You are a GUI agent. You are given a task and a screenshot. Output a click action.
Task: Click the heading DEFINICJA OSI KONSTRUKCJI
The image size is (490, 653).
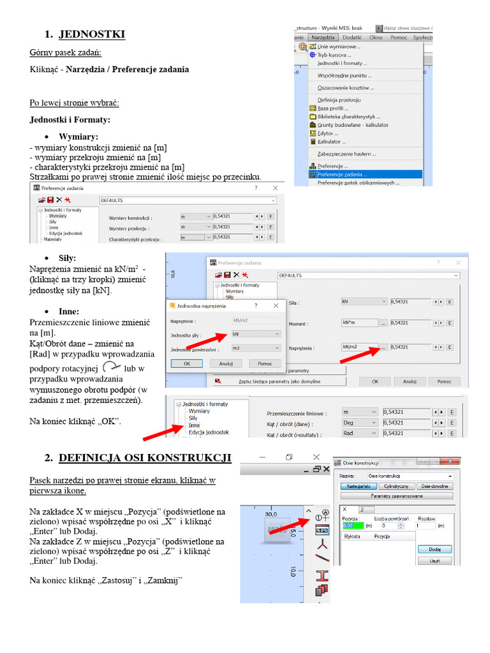pos(145,458)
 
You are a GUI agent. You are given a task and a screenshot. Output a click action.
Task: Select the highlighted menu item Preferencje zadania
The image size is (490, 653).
pos(341,173)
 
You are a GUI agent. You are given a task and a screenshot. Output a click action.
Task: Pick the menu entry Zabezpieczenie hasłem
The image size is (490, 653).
pos(346,154)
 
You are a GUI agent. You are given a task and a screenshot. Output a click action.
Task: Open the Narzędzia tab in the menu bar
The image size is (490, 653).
pos(323,38)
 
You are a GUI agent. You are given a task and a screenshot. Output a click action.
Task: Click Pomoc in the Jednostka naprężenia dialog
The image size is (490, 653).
pos(265,363)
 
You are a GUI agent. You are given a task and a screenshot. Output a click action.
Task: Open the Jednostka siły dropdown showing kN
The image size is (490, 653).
pos(256,334)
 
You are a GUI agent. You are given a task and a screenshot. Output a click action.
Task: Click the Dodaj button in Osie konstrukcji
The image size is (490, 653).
pos(435,549)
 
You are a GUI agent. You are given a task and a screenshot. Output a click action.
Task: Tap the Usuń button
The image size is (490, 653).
pos(435,562)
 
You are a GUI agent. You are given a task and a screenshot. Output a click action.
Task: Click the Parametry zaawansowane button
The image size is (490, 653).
pos(396,495)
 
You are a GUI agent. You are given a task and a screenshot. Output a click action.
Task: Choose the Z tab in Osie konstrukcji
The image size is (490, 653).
pos(361,510)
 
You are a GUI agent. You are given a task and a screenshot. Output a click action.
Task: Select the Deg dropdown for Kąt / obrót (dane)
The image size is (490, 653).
pos(360,423)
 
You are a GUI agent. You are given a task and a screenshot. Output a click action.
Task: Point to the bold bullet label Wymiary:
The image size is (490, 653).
pos(78,136)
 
